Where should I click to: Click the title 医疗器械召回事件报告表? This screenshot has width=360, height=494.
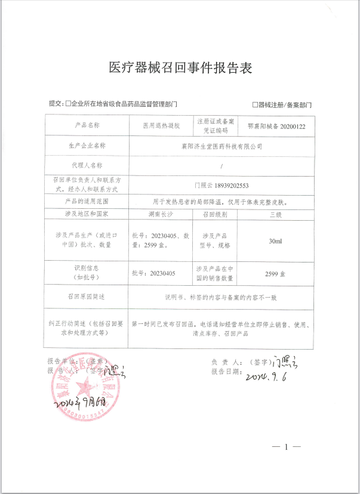point(180,68)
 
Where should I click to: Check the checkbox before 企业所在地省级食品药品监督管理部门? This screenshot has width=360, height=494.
point(67,104)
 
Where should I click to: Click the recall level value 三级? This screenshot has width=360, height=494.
point(276,213)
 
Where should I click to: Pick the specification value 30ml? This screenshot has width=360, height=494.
point(276,241)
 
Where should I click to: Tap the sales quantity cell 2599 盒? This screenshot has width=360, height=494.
point(276,273)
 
